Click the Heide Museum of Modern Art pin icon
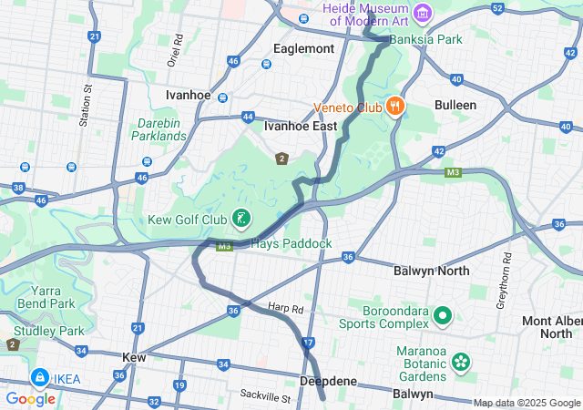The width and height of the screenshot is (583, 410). click(422, 14)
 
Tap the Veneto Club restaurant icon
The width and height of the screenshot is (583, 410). click(394, 107)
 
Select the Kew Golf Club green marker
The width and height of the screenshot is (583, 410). click(241, 219)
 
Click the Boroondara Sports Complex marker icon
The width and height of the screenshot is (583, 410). click(443, 316)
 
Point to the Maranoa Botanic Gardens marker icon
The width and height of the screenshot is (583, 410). click(461, 361)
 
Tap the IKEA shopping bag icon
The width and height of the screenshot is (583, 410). click(39, 377)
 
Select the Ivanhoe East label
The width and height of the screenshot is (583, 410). click(301, 127)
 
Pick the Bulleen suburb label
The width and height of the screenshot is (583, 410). click(455, 105)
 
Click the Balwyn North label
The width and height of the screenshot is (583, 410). click(431, 271)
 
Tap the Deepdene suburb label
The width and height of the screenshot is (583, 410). click(327, 381)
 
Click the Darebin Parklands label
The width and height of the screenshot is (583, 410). click(162, 129)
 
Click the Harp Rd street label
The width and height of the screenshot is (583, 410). click(285, 308)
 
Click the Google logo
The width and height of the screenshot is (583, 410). click(30, 399)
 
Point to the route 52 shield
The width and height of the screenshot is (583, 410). click(496, 8)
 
